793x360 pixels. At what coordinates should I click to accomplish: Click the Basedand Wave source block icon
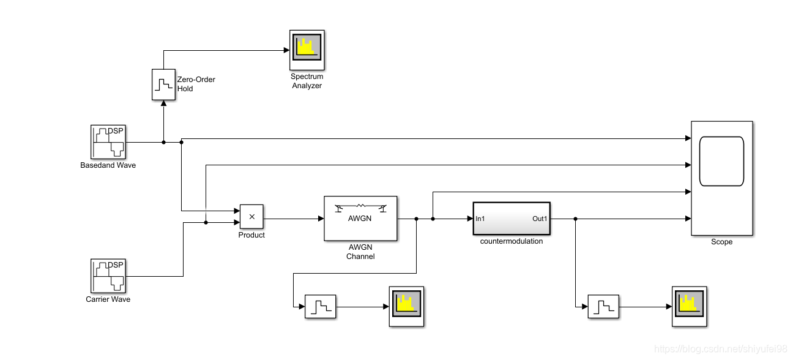click(108, 142)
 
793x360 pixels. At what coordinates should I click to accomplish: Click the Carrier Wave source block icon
click(108, 276)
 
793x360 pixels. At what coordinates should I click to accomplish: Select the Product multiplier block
click(251, 217)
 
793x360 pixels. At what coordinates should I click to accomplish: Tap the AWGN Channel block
click(360, 219)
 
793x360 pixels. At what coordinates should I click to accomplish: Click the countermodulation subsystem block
click(512, 219)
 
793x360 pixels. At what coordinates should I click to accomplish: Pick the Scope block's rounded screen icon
click(721, 161)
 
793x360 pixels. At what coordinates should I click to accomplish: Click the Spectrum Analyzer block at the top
click(307, 50)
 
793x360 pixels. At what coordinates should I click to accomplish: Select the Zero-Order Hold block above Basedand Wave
click(163, 84)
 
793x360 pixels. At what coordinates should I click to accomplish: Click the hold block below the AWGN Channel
click(321, 307)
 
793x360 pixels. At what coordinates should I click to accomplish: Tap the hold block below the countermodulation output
click(603, 307)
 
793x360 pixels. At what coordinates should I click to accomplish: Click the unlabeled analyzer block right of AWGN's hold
click(406, 307)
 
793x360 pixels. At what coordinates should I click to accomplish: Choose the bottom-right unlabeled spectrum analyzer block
click(690, 307)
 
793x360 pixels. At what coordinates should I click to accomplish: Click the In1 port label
click(480, 219)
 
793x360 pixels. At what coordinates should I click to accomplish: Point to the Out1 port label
click(540, 219)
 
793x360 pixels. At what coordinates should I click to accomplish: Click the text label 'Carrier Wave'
click(108, 299)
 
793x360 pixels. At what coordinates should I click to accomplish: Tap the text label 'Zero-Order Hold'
click(196, 84)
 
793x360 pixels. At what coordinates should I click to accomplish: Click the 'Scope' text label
click(722, 242)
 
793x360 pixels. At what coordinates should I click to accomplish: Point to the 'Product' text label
click(251, 235)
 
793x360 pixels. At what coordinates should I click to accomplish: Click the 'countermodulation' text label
click(512, 241)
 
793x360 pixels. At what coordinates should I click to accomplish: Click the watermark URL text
click(720, 348)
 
